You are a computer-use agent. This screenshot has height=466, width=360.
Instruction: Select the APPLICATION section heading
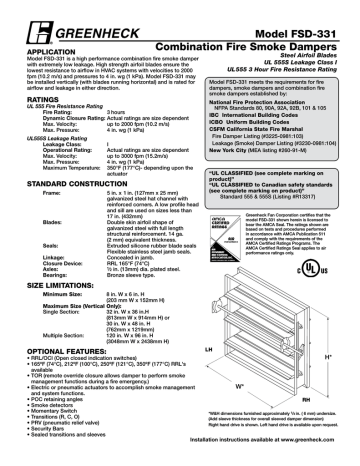pyautogui.click(x=37, y=24)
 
